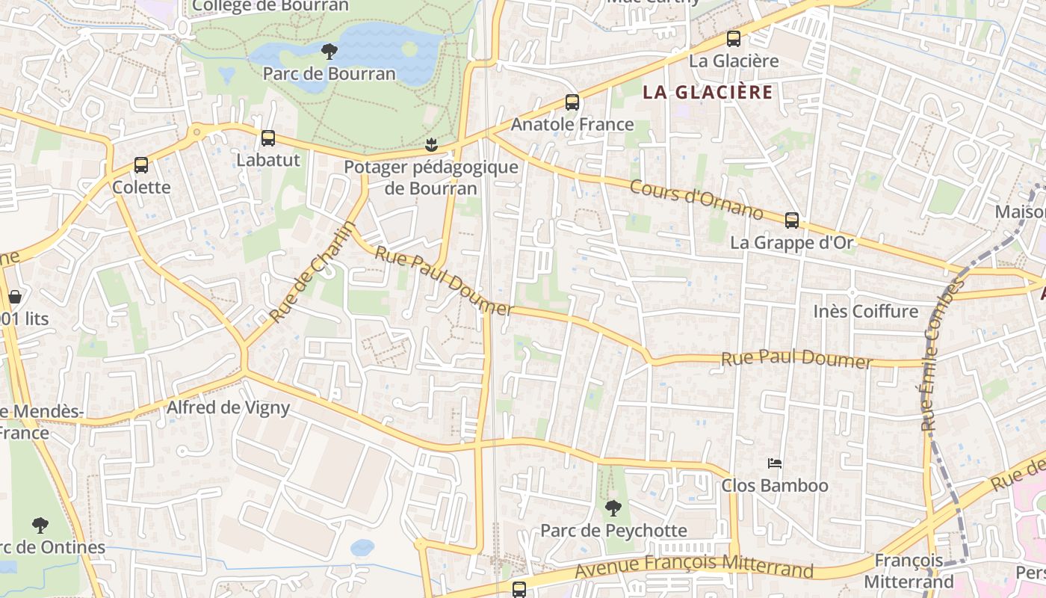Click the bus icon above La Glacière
pos(734,39)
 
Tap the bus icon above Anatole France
pos(572,102)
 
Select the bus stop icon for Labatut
pos(268,138)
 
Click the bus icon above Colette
pos(141,165)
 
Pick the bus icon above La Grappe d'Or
pos(792,221)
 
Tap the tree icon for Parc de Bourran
pos(329,52)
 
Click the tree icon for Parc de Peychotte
pos(613,508)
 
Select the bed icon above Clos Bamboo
pos(775,464)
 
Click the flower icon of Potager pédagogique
pos(430,144)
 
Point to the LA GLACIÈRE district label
pos(708,93)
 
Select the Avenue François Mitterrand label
pos(694,566)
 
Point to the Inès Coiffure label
pos(865,311)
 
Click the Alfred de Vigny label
pos(228,407)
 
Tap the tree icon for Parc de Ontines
pos(40,525)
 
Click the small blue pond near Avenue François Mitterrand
pos(362,547)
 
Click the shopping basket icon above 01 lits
pos(14,297)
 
